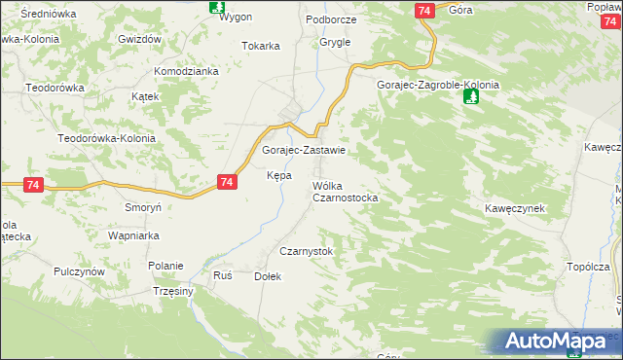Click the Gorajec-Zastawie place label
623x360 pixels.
[304, 151]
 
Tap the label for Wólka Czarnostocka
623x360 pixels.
[345, 191]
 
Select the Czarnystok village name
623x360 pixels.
[307, 251]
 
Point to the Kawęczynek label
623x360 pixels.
[513, 209]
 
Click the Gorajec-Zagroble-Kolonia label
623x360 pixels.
[438, 85]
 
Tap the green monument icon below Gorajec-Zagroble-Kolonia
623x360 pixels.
[471, 98]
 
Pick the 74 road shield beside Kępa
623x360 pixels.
[227, 182]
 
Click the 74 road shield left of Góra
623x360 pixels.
[422, 10]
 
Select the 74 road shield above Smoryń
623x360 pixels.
[33, 185]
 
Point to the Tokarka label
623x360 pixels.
[261, 46]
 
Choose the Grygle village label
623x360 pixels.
[335, 43]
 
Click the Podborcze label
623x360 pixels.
[331, 19]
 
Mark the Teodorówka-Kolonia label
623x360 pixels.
[106, 138]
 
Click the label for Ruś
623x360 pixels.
[223, 275]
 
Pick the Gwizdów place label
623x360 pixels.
[138, 39]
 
